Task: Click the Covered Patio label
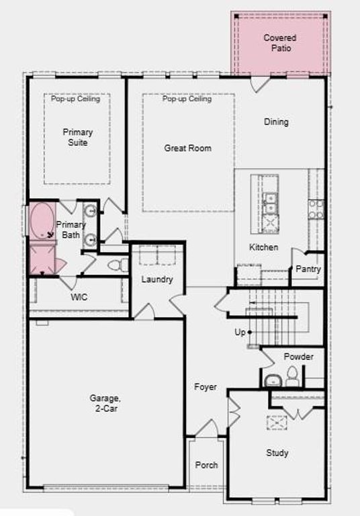point(279,43)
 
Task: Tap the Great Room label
point(187,148)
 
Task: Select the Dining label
point(276,122)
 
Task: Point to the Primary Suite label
point(78,137)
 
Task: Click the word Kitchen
point(263,247)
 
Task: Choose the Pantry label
point(308,269)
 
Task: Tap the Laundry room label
point(157,279)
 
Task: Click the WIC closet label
point(79,297)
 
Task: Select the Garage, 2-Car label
point(105,402)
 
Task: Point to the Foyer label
point(205,387)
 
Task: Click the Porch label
point(206,465)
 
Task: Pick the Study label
point(277,453)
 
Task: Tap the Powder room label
point(298,357)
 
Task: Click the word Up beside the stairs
point(240,333)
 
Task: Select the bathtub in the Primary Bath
point(44,221)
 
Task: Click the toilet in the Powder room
point(292,377)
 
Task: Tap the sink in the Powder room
point(272,381)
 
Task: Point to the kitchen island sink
point(269,199)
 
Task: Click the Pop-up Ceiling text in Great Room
point(187,99)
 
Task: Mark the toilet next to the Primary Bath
point(118,265)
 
